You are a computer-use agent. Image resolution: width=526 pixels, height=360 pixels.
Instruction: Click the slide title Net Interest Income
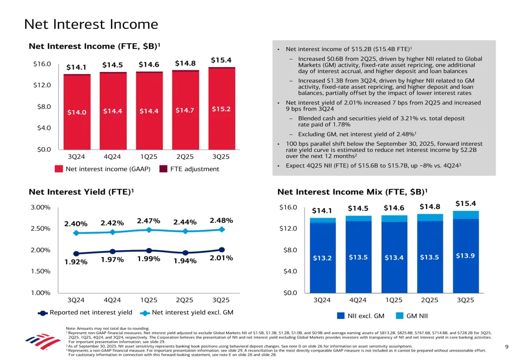[91, 24]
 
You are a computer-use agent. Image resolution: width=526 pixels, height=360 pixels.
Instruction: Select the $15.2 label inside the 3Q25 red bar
[221, 109]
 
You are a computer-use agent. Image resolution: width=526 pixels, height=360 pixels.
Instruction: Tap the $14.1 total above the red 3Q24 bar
[76, 67]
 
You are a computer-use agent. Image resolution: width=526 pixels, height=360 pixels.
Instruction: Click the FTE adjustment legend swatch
[163, 169]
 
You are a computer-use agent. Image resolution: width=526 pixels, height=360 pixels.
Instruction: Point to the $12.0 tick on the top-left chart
[42, 85]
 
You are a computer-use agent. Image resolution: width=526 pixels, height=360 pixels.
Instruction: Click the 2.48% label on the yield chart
[221, 221]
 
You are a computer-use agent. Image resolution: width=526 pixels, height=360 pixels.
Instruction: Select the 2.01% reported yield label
[221, 258]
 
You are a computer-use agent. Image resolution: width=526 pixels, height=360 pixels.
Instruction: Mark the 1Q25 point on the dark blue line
[149, 251]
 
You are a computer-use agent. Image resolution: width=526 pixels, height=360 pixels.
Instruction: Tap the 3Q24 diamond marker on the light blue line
[76, 233]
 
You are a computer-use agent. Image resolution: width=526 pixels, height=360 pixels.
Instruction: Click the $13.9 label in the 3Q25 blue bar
[465, 256]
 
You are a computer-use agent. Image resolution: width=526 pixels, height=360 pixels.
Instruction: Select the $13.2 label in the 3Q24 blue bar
[322, 258]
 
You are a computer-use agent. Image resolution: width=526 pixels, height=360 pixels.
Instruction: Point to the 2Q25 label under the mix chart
[430, 300]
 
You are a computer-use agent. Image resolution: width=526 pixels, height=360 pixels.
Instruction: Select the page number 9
[506, 347]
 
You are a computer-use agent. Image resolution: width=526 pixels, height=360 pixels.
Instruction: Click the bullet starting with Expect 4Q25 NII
[373, 166]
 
